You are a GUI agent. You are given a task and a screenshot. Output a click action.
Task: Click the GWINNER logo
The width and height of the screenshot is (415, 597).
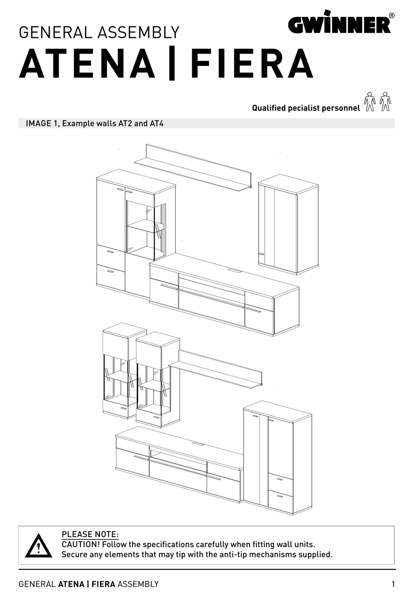click(339, 23)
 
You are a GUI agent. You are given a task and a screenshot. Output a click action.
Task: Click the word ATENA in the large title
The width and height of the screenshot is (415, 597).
click(88, 64)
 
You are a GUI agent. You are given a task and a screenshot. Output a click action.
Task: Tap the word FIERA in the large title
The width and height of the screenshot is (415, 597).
click(252, 64)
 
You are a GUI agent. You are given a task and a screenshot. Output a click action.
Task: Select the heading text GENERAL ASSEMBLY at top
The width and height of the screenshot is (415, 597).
click(99, 33)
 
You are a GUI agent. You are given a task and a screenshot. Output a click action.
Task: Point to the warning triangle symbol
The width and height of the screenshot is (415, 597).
click(38, 546)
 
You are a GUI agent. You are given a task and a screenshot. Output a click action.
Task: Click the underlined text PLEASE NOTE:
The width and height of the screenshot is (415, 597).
click(90, 534)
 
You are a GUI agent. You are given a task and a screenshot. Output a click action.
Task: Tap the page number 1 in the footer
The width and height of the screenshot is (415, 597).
click(393, 584)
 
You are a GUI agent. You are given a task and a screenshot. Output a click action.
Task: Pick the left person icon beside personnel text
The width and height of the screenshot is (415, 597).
click(370, 102)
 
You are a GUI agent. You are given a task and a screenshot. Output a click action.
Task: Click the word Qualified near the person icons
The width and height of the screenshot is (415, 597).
click(269, 108)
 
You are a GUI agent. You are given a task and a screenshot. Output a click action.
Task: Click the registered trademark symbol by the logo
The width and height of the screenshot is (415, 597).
click(391, 15)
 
